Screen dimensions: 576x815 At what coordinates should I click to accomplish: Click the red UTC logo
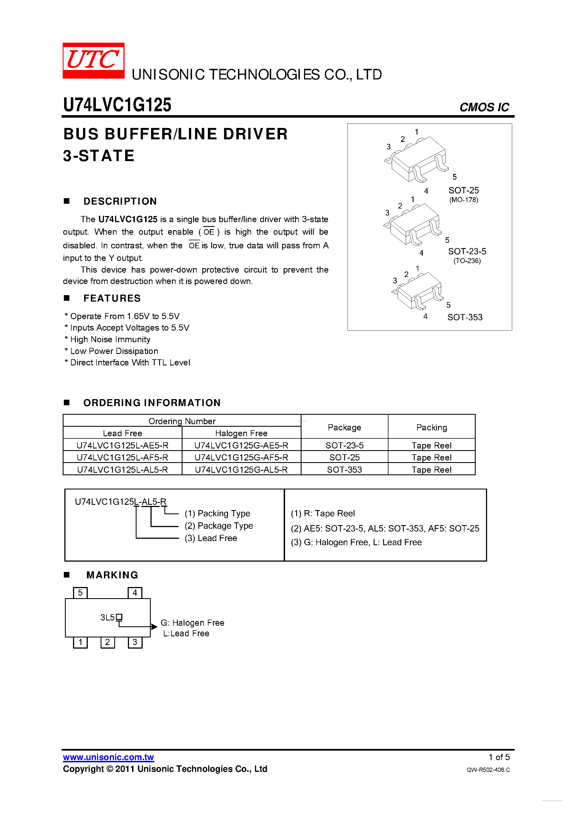point(93,60)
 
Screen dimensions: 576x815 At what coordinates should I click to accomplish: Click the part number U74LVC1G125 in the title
point(117,105)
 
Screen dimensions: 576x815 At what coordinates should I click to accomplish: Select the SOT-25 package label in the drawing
point(463,191)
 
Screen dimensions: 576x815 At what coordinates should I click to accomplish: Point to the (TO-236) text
point(467,261)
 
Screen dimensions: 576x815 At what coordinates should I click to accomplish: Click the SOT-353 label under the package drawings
point(465,317)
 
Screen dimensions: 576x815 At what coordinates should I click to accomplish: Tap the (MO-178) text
point(463,200)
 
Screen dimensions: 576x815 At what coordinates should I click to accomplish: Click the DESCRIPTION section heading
point(120,201)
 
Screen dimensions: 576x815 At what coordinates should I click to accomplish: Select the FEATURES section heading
point(112,298)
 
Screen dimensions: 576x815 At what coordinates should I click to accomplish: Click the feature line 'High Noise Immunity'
point(110,339)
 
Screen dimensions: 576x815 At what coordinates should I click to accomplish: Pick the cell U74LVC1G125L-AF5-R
point(122,458)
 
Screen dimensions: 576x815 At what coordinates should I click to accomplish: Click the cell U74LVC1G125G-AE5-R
point(241,445)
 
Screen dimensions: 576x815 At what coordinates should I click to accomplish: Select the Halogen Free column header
point(241,433)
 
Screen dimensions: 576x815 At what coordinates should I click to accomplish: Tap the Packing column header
point(432,427)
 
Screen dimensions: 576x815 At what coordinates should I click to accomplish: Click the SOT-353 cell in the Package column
point(344,470)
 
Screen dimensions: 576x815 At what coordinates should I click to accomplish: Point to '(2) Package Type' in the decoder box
point(219,526)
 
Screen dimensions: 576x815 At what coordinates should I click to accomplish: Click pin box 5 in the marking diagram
point(80,593)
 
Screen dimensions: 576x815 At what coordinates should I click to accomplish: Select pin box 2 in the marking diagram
point(108,642)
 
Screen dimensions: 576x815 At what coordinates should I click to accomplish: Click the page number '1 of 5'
point(499,757)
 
